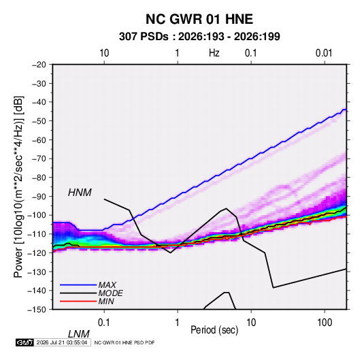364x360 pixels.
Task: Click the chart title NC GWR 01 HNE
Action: click(x=199, y=19)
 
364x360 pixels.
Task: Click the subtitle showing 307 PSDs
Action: click(x=199, y=37)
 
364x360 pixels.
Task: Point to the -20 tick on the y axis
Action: click(x=39, y=65)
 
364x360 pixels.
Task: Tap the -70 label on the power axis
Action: click(x=39, y=159)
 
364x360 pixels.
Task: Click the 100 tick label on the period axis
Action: click(x=325, y=323)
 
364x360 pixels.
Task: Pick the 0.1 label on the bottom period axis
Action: click(x=103, y=323)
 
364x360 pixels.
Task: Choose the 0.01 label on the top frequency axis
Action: click(x=324, y=53)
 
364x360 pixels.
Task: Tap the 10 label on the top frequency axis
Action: click(x=104, y=53)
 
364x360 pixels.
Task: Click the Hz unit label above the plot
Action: click(x=214, y=53)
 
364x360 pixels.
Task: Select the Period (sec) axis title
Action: click(x=214, y=330)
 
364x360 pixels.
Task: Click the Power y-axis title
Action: click(x=18, y=187)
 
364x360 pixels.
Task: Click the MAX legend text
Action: click(x=107, y=285)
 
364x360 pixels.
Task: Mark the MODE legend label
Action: click(x=110, y=293)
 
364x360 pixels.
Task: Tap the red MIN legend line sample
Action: click(x=78, y=301)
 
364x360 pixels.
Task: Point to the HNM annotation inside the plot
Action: click(x=80, y=193)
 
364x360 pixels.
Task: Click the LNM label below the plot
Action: click(x=78, y=334)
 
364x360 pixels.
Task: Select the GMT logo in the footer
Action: click(x=25, y=342)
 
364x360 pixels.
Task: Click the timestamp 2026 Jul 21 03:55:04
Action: click(x=62, y=342)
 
